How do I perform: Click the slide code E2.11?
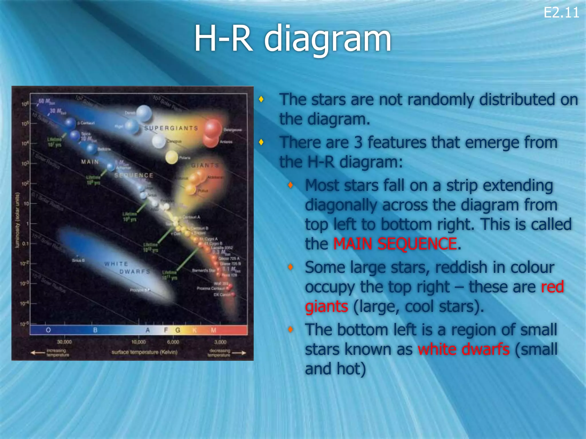click(x=561, y=13)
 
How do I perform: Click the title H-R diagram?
click(x=292, y=39)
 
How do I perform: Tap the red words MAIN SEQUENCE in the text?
click(x=395, y=244)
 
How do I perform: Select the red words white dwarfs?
click(x=464, y=349)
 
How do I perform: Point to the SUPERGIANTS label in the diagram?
click(x=171, y=128)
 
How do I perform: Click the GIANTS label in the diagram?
click(x=205, y=165)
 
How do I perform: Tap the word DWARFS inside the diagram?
click(x=134, y=272)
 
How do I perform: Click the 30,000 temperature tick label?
click(x=64, y=342)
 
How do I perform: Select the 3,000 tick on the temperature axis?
click(x=220, y=342)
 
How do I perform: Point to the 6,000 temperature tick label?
click(x=173, y=342)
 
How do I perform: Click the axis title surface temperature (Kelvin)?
click(x=144, y=352)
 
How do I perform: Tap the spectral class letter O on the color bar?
click(x=48, y=330)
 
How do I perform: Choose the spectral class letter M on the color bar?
click(x=213, y=330)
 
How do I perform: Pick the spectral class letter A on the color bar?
click(x=148, y=330)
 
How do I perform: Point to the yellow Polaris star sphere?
click(x=172, y=157)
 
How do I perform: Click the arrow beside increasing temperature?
click(x=38, y=353)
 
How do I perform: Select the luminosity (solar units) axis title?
click(x=18, y=220)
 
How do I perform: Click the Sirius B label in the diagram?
click(x=78, y=260)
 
